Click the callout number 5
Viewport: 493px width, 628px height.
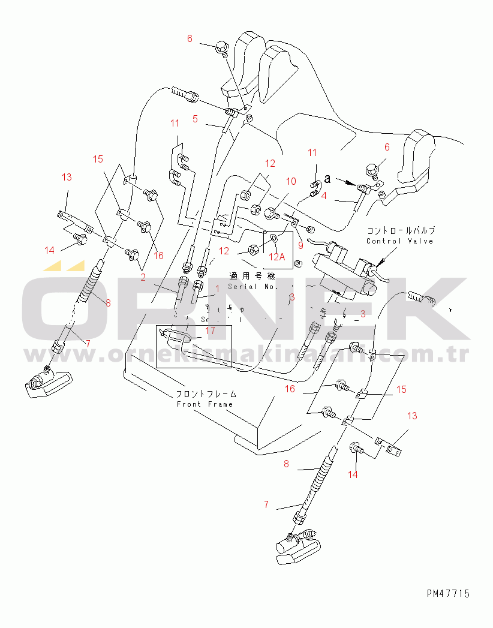[195, 119]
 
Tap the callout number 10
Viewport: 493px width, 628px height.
[291, 181]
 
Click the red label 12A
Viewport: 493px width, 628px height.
[277, 257]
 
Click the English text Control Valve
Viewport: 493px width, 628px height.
[400, 241]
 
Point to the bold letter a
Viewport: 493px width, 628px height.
[327, 178]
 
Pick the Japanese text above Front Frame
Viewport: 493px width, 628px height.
[206, 394]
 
